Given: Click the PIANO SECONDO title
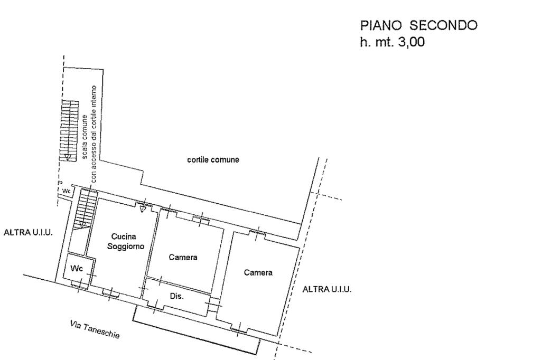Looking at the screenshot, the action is [418, 25].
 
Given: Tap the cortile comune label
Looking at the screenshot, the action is [213, 160].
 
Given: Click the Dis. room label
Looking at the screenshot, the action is [176, 297].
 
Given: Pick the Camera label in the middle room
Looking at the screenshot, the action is [183, 258].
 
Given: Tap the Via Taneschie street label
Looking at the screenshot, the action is [95, 329].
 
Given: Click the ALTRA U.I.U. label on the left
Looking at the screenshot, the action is [29, 232].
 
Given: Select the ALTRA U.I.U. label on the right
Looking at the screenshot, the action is [327, 289].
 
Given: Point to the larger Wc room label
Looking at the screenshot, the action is [77, 269].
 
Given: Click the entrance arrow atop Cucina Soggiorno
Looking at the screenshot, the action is [143, 209].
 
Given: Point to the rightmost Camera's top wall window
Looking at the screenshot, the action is [257, 231].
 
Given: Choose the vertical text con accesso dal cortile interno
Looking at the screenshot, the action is [94, 135].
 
